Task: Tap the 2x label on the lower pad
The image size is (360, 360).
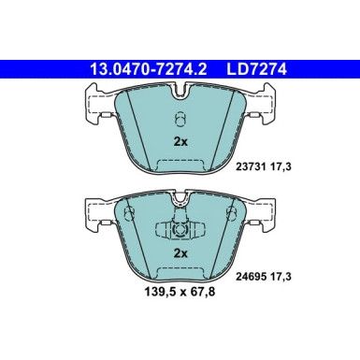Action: (x=180, y=253)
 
